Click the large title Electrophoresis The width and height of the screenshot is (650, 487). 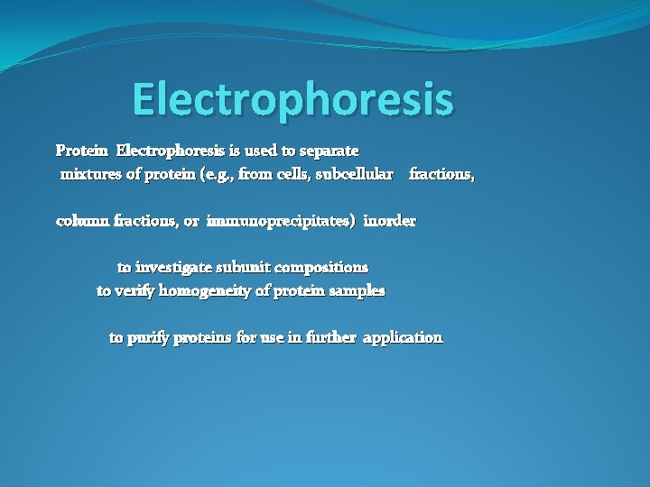[292, 100]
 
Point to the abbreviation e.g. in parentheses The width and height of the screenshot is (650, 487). [219, 174]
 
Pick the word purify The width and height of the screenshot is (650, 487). [148, 338]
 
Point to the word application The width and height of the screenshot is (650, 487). [403, 338]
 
